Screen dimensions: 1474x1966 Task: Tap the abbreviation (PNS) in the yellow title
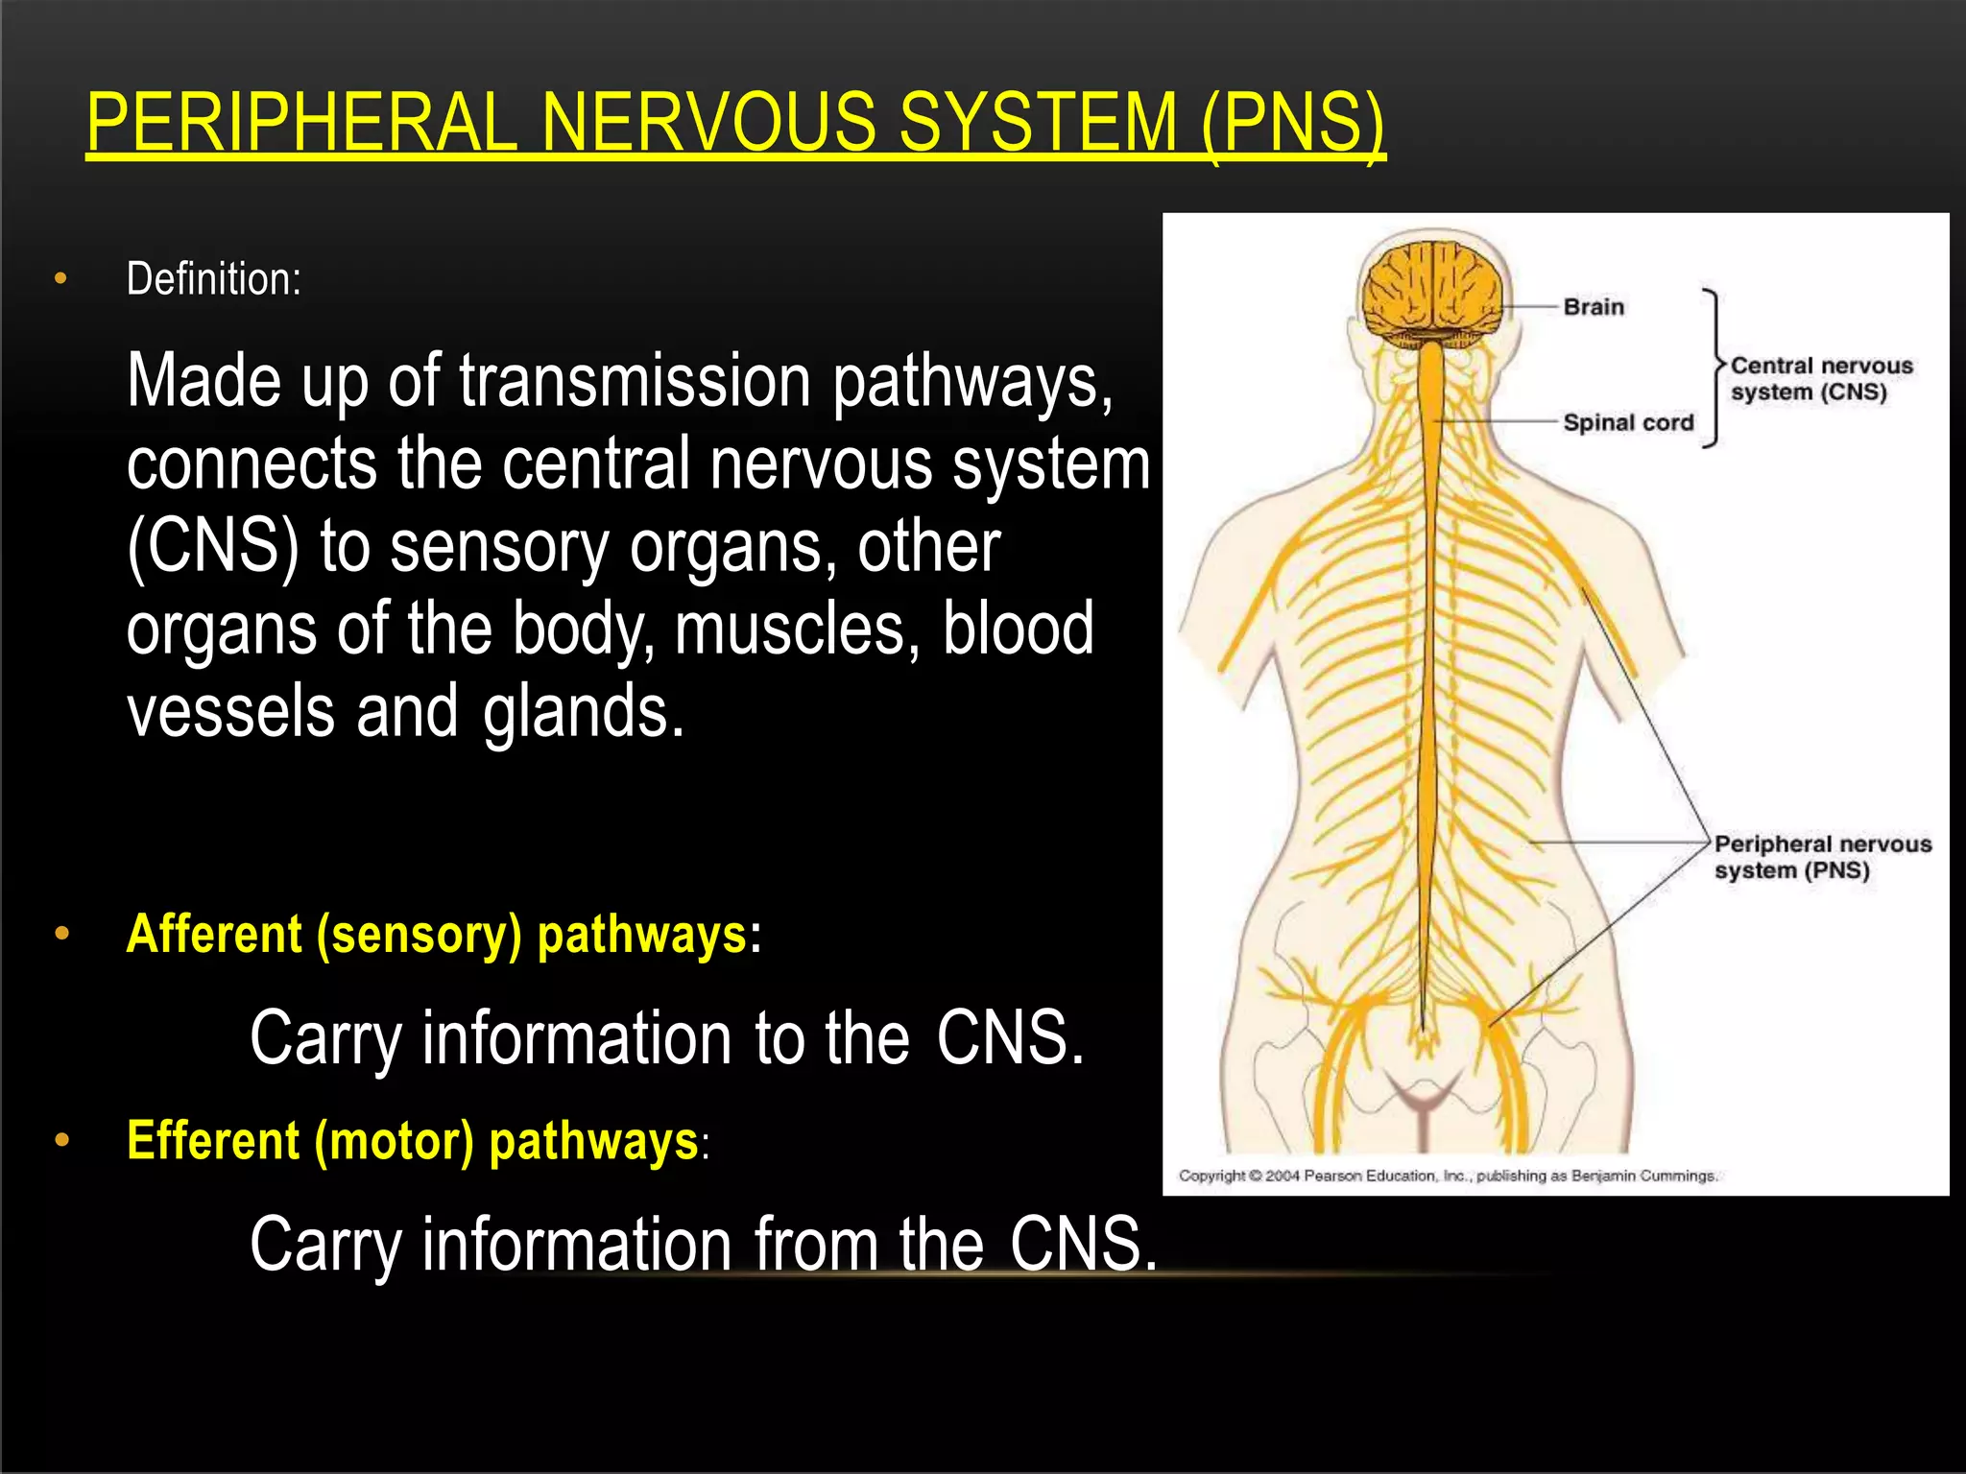[x=1291, y=123]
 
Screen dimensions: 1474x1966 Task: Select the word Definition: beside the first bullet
[x=213, y=279]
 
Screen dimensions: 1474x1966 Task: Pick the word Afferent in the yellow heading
[x=214, y=935]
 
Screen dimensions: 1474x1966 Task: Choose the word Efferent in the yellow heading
[x=213, y=1141]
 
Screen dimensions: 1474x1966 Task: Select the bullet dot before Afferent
[x=62, y=934]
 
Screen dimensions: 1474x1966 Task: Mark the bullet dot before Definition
[x=61, y=279]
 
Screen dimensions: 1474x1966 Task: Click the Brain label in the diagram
[x=1594, y=307]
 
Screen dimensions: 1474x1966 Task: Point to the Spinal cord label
[x=1628, y=422]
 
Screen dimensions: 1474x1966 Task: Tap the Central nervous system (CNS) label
[x=1820, y=379]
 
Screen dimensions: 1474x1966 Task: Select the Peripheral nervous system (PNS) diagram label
[x=1822, y=857]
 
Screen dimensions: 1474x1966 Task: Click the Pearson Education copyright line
[x=1447, y=1176]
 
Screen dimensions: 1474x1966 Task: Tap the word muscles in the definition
[x=790, y=630]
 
